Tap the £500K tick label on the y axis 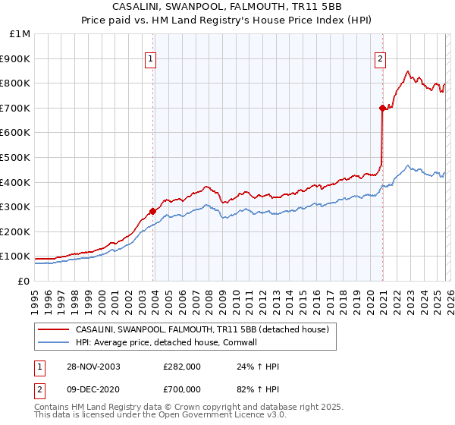click(x=15, y=158)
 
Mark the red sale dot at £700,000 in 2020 click(x=382, y=108)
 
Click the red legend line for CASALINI click(x=52, y=329)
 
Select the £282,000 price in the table click(x=182, y=367)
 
